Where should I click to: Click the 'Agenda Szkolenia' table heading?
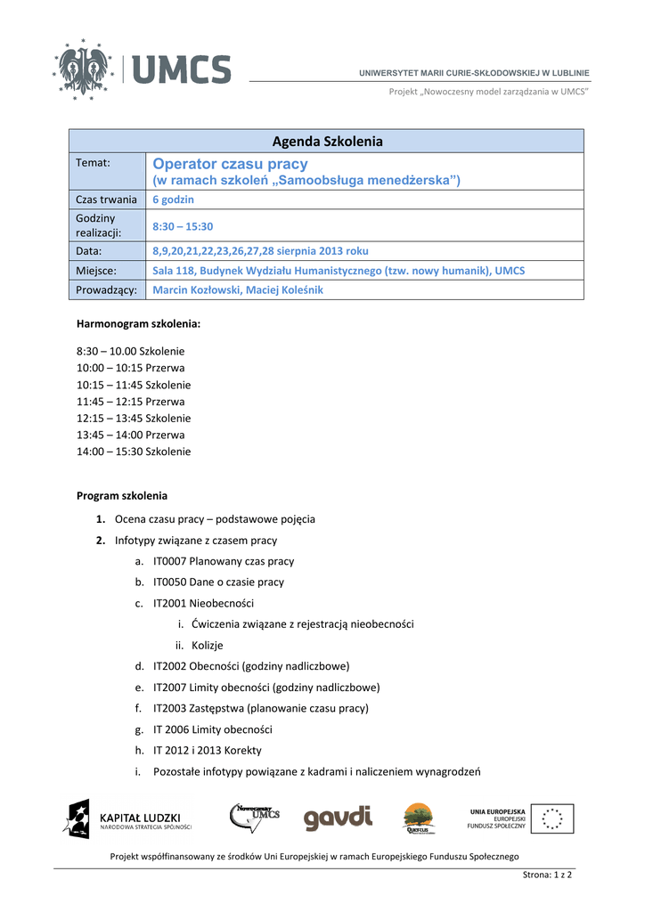click(x=327, y=141)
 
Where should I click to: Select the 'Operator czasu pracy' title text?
click(x=230, y=164)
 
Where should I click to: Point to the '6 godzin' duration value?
click(x=173, y=199)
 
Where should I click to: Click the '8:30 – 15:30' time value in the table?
click(x=183, y=226)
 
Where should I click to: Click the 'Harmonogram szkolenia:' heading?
click(x=138, y=325)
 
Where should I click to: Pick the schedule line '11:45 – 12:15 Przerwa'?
click(x=131, y=402)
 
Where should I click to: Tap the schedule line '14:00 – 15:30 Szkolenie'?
click(x=134, y=452)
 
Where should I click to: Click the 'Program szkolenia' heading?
click(x=122, y=495)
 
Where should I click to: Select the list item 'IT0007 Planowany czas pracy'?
click(x=224, y=562)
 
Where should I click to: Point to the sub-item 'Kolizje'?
click(x=207, y=645)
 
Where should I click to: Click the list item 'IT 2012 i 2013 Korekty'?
click(x=208, y=750)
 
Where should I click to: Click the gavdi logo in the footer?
click(x=338, y=818)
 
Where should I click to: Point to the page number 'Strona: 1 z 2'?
click(x=547, y=875)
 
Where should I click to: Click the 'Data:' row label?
click(x=89, y=251)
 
